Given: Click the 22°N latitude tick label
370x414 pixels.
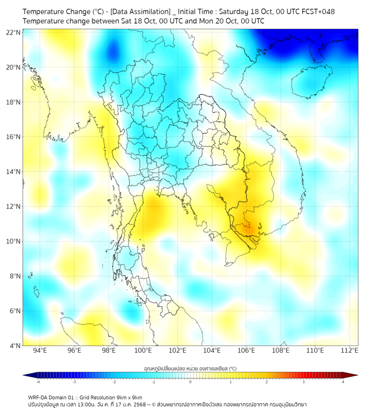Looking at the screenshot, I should (14, 32).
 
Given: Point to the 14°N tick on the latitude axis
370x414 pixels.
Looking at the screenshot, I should (14, 171).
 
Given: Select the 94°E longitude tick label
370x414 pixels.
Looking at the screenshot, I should (40, 351).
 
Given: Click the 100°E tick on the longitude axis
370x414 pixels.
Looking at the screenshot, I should (143, 351).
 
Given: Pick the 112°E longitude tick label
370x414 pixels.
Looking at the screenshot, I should (349, 351).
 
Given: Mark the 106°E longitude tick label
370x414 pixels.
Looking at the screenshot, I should (246, 351).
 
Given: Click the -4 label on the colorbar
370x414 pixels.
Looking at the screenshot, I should (37, 382).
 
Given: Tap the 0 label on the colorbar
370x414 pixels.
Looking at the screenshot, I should (190, 382).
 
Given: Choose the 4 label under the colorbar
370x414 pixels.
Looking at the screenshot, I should (343, 382).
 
